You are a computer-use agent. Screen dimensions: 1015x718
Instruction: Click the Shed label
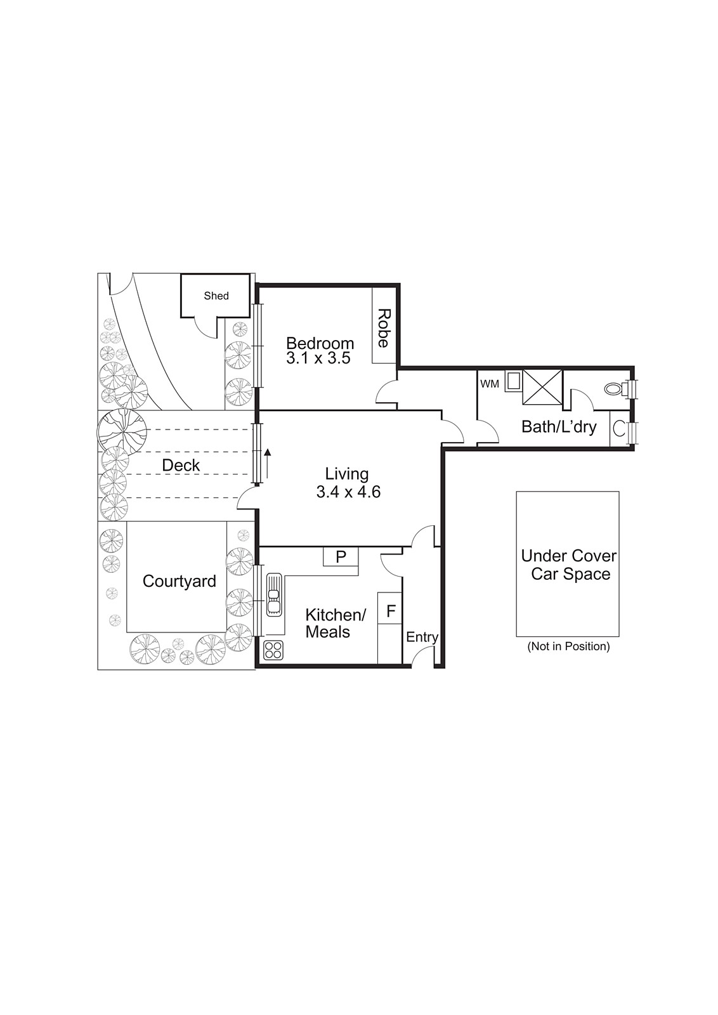click(216, 296)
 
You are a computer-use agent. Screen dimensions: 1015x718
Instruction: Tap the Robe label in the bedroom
click(383, 328)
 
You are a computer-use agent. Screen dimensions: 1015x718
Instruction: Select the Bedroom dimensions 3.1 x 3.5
click(318, 358)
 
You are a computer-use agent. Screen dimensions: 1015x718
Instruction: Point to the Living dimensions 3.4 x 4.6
click(348, 492)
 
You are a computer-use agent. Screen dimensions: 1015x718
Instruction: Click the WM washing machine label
click(489, 384)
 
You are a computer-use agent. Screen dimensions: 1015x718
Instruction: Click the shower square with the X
click(542, 387)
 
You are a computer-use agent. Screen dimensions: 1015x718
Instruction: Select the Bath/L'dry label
click(559, 426)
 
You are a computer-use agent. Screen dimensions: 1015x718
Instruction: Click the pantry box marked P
click(341, 557)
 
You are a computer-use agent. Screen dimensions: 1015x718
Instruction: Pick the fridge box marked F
click(391, 612)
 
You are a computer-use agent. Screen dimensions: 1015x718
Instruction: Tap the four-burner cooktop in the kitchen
click(273, 649)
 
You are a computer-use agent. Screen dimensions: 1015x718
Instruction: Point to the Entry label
click(422, 637)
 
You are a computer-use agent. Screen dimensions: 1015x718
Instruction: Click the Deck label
click(181, 465)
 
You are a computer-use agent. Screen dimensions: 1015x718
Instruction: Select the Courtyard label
click(179, 581)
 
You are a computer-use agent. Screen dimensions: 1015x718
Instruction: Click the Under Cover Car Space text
click(568, 565)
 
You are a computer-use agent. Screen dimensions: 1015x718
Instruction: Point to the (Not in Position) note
click(568, 646)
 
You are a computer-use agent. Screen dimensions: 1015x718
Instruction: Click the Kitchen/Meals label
click(335, 623)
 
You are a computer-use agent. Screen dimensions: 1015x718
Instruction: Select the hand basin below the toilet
click(619, 429)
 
